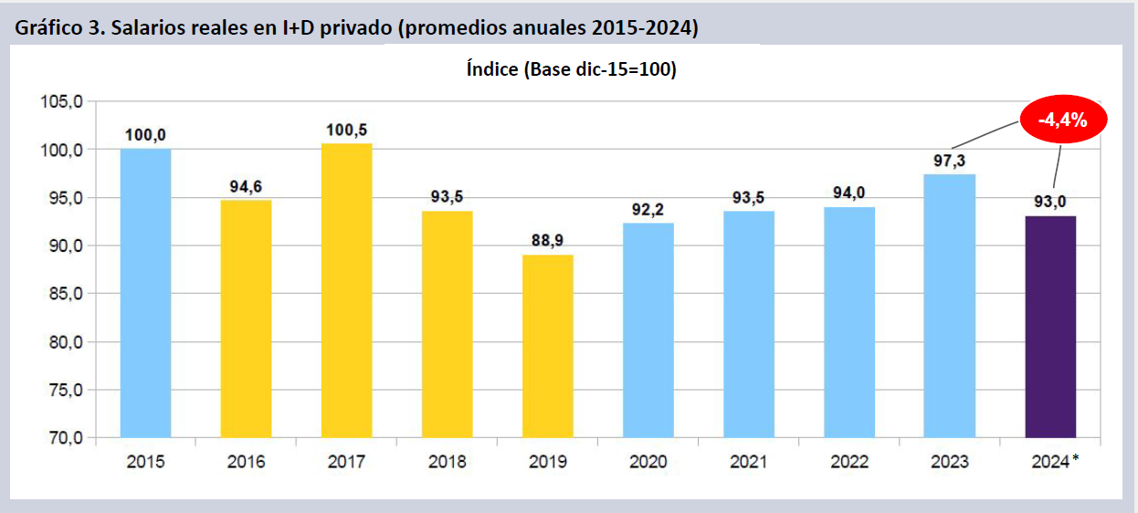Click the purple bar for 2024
pyautogui.click(x=1050, y=327)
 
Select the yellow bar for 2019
pyautogui.click(x=548, y=346)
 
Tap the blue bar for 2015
pyautogui.click(x=145, y=293)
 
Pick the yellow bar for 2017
pyautogui.click(x=347, y=290)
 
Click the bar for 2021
pyautogui.click(x=749, y=324)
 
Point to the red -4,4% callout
pyautogui.click(x=1060, y=120)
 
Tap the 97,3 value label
pyautogui.click(x=950, y=161)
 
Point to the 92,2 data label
pyautogui.click(x=648, y=210)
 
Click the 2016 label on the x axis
pyautogui.click(x=246, y=462)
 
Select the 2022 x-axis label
pyautogui.click(x=849, y=462)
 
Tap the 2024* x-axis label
pyautogui.click(x=1052, y=462)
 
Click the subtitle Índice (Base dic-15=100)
pyautogui.click(x=571, y=70)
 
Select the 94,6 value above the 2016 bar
pyautogui.click(x=247, y=187)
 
